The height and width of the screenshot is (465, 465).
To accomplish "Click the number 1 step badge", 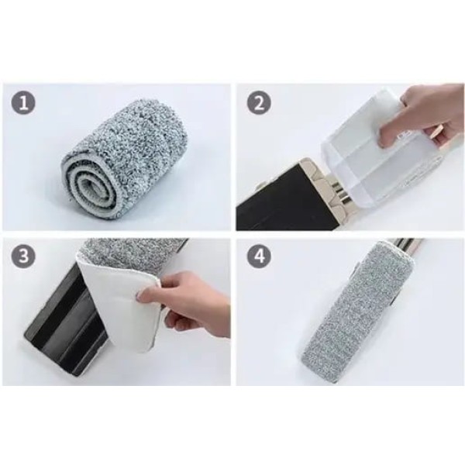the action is (x=23, y=103).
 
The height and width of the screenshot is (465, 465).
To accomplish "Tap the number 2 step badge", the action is (x=259, y=104).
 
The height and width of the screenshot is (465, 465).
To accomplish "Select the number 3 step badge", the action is (x=23, y=256).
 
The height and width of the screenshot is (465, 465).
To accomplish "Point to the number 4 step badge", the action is (x=259, y=256).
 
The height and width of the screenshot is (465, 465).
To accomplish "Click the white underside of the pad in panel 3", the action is (x=119, y=302).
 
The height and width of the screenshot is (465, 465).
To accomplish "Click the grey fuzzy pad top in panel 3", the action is (x=133, y=255).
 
